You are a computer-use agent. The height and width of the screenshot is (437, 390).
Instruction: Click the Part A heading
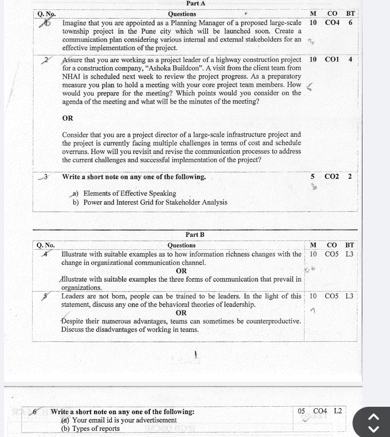point(196,3)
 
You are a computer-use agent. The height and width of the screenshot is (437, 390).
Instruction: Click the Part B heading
point(195,235)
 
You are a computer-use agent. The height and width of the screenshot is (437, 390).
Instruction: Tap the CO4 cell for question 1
point(332,23)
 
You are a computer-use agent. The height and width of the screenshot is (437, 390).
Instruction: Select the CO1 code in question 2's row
point(332,59)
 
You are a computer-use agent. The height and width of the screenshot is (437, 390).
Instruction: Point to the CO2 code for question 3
point(331,177)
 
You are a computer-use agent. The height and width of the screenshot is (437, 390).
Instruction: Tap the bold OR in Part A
point(68,118)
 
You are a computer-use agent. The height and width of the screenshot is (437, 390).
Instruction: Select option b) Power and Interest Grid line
point(150,202)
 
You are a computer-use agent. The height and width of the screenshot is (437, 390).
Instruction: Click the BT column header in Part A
point(350,14)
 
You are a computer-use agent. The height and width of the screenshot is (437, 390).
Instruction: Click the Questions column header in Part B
point(181,245)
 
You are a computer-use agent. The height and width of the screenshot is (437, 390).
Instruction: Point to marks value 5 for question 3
point(312,177)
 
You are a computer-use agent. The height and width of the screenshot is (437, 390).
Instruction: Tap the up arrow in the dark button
point(374,417)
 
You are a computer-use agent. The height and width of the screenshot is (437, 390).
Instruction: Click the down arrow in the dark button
point(374,429)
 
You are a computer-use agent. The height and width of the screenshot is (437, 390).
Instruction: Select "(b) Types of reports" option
point(90,429)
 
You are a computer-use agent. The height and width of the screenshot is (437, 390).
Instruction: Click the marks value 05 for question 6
point(302,411)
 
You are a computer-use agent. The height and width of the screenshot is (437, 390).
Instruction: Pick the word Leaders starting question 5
point(73,296)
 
